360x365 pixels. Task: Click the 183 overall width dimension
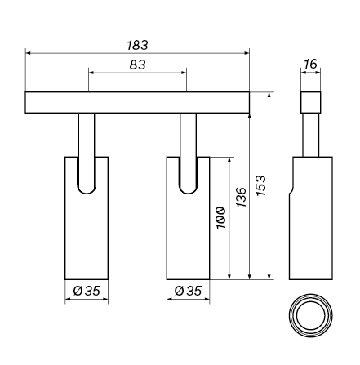pyautogui.click(x=137, y=45)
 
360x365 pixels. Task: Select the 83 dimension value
pyautogui.click(x=137, y=65)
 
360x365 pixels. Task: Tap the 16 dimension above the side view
pyautogui.click(x=310, y=64)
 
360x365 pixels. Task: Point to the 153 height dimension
pyautogui.click(x=261, y=185)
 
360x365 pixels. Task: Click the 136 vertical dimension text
pyautogui.click(x=241, y=197)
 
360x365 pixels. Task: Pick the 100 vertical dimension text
pyautogui.click(x=221, y=218)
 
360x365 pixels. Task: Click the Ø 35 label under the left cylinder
pyautogui.click(x=87, y=291)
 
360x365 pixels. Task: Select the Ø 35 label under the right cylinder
pyautogui.click(x=189, y=291)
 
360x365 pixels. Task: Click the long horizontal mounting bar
pyautogui.click(x=137, y=102)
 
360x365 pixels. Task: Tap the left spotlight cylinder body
pyautogui.click(x=87, y=234)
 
